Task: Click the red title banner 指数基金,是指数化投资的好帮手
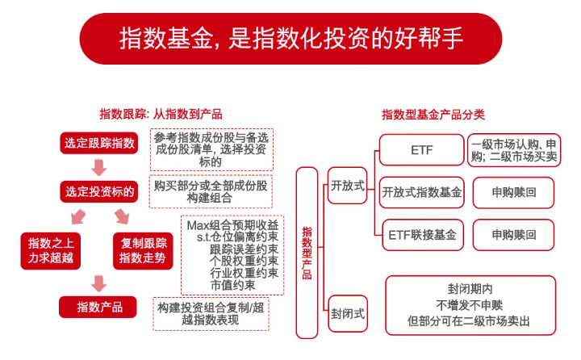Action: point(290,39)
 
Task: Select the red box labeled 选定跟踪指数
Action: point(99,143)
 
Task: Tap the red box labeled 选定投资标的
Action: point(99,191)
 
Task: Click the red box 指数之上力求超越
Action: point(51,251)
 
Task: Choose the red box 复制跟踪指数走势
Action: point(143,251)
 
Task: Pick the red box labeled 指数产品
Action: point(98,307)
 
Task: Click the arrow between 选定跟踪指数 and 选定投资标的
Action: point(99,168)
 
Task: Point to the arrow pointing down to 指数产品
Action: point(98,283)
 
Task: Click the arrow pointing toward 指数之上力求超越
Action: point(78,216)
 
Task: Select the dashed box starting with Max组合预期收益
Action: point(232,255)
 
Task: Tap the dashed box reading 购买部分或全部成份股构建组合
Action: point(211,191)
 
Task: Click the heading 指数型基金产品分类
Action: point(433,115)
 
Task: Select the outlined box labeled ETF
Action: point(422,150)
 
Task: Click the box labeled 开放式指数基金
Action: point(422,192)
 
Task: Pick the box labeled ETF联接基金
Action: point(422,235)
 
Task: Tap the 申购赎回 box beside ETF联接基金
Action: point(513,235)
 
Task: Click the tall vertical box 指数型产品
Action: point(307,253)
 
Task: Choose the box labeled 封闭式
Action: point(348,314)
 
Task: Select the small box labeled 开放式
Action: point(348,186)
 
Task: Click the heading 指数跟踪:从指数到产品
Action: point(161,114)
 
